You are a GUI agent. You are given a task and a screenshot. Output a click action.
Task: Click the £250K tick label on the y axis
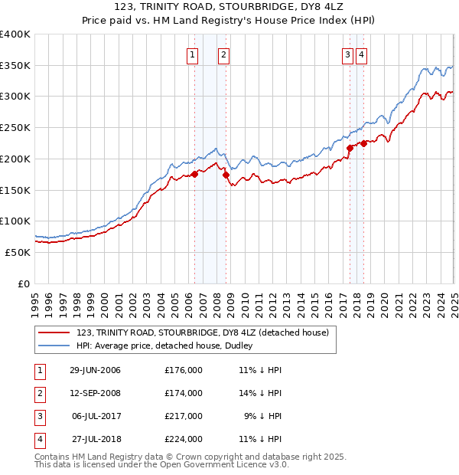pos(15,128)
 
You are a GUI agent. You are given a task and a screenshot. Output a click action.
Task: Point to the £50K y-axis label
pos(18,252)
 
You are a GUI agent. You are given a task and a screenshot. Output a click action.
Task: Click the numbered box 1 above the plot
pos(191,54)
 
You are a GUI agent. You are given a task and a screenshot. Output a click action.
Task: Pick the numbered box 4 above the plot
pos(360,54)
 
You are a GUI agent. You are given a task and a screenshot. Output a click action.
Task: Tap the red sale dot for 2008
pos(226,175)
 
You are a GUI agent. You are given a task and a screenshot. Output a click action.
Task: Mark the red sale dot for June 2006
pos(195,174)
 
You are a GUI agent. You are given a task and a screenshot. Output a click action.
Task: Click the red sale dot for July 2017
pos(350,148)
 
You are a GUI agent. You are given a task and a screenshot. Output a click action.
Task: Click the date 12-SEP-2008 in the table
pos(95,393)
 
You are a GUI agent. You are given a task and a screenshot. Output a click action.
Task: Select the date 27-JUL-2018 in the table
pos(95,439)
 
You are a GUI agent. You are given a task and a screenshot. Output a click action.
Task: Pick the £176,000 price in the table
pos(184,370)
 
